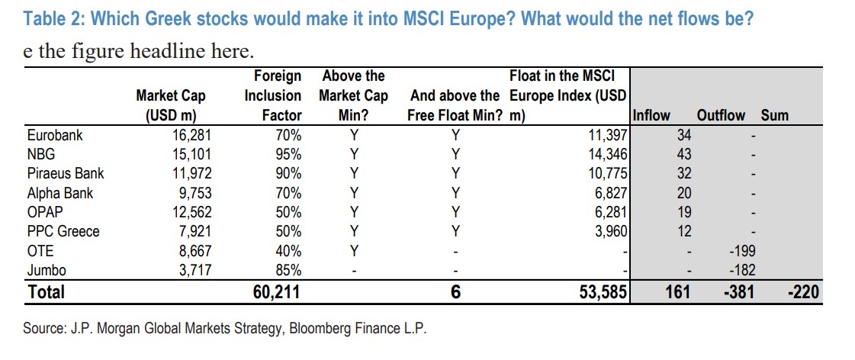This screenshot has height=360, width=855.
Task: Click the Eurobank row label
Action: [x=54, y=136]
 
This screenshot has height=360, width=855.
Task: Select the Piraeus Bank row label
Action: [x=65, y=174]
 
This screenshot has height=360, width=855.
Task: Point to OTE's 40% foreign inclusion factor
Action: [x=288, y=250]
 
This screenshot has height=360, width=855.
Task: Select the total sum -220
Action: [x=804, y=291]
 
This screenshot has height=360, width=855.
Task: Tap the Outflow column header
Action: [x=721, y=116]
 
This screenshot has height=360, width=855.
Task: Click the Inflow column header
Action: [x=652, y=116]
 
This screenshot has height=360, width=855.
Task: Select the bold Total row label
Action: [x=47, y=291]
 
